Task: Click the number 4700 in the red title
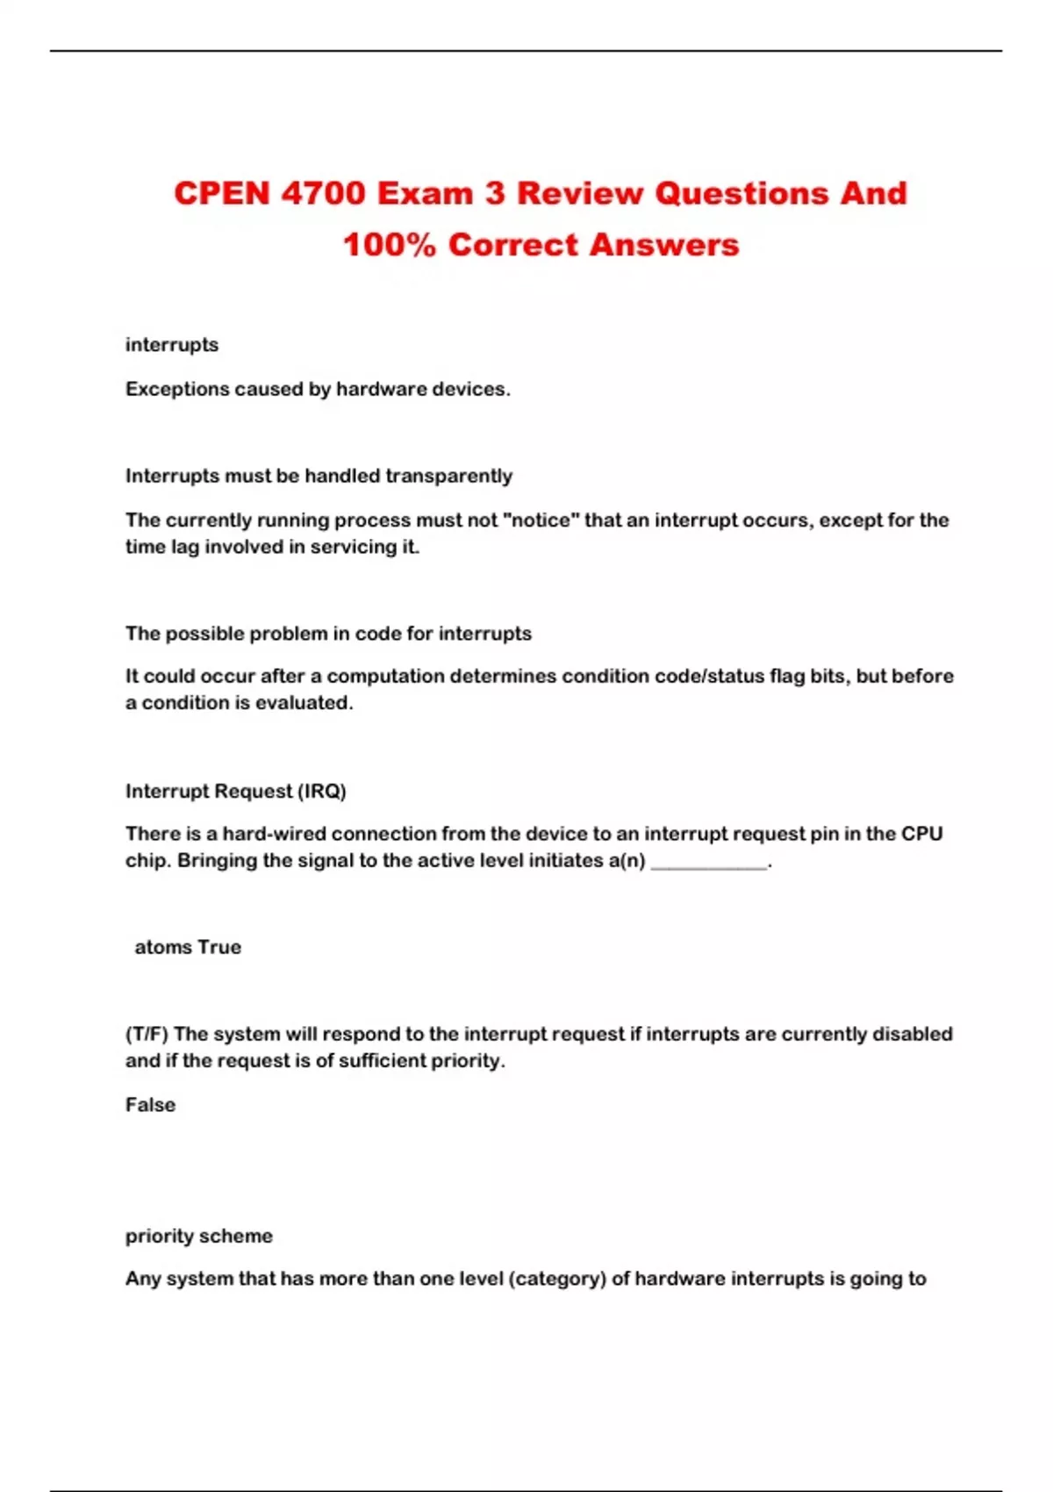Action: point(323,193)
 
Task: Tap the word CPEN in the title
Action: point(222,193)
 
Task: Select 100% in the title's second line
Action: point(389,245)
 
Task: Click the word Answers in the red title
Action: point(664,245)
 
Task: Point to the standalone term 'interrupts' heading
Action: point(172,345)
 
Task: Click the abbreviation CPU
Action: point(922,834)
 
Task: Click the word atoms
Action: point(163,947)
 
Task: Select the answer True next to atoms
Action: point(219,947)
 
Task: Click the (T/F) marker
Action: point(147,1034)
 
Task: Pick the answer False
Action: point(150,1105)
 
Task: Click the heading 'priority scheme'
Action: point(199,1236)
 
